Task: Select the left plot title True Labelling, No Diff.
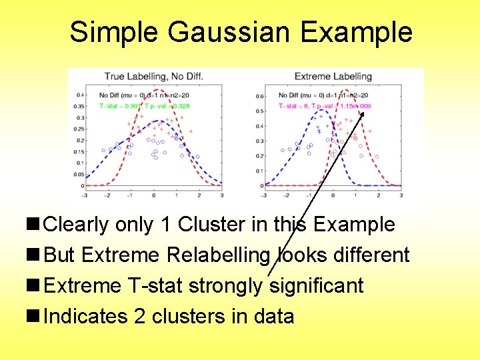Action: click(x=153, y=76)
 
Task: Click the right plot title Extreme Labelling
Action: click(x=333, y=76)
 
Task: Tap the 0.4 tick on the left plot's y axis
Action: click(x=79, y=95)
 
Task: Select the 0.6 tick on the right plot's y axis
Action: click(x=260, y=96)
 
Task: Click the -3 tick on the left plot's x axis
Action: click(x=85, y=195)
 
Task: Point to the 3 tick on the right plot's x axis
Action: click(x=401, y=195)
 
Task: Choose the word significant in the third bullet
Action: click(x=316, y=286)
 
